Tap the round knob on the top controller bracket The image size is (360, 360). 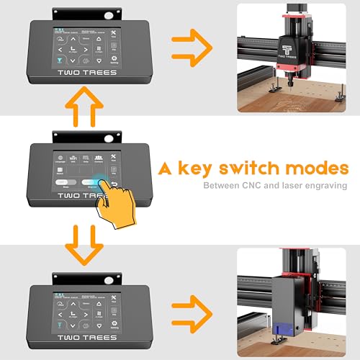[x=109, y=13]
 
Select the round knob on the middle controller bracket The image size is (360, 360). [x=109, y=134]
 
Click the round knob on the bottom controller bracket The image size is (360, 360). [x=109, y=276]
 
